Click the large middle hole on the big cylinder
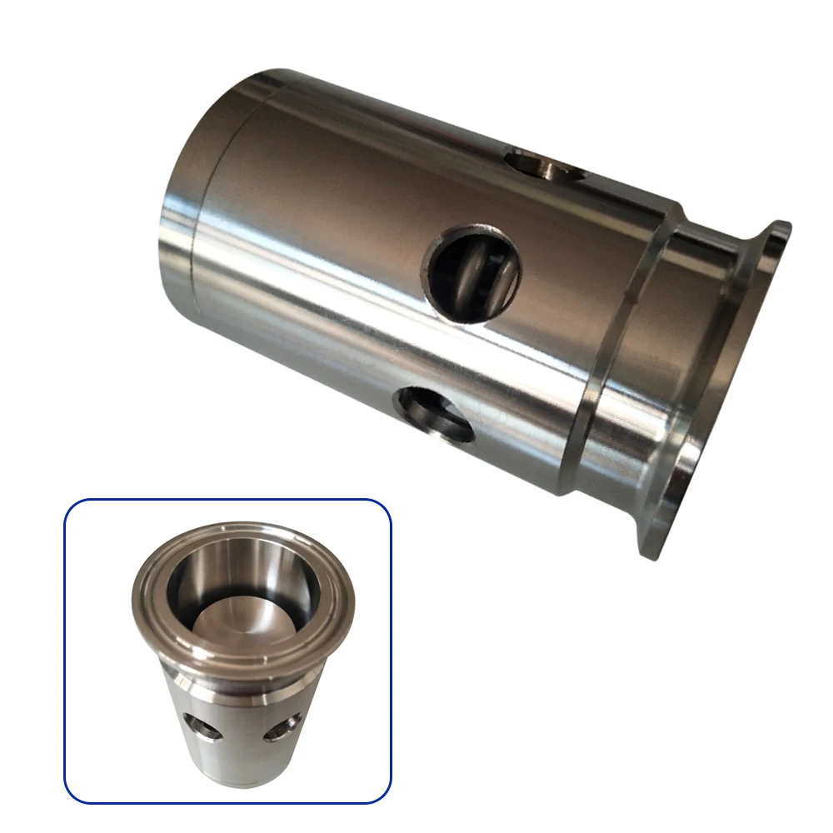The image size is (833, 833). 472,271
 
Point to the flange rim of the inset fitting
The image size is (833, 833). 242,650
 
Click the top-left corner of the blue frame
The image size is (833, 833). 68,502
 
